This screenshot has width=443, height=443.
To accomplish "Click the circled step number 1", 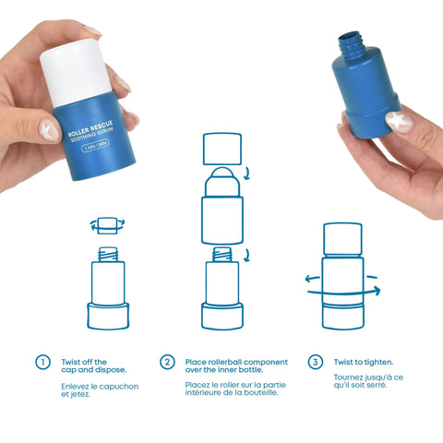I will tap(42, 363).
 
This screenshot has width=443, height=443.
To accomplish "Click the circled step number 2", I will tap(167, 363).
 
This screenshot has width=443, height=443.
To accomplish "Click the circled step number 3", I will tap(316, 363).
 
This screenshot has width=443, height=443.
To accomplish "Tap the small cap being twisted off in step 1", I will tap(106, 224).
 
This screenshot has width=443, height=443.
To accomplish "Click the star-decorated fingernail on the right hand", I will tap(398, 122).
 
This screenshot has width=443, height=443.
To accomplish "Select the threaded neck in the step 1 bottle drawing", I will tap(106, 250).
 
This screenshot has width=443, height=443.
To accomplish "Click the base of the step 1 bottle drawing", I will tap(106, 315).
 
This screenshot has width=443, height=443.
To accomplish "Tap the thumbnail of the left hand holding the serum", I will tap(50, 131).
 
